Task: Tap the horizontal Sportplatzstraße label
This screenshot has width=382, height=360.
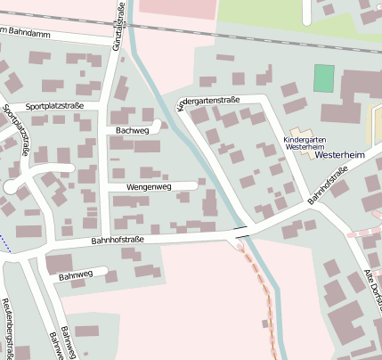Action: click(55, 105)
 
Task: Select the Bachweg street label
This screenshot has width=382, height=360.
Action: click(132, 130)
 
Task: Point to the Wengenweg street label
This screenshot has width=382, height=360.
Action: click(149, 187)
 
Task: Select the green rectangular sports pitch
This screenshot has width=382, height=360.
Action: click(324, 78)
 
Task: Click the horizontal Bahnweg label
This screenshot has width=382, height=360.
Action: click(76, 276)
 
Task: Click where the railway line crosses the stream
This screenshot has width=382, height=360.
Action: click(133, 22)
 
